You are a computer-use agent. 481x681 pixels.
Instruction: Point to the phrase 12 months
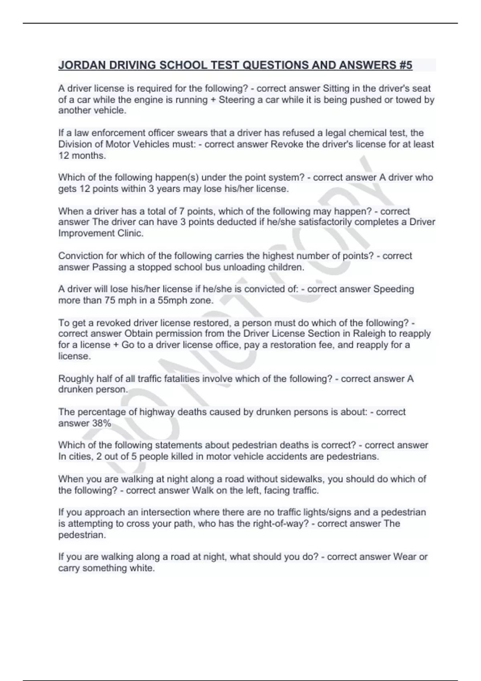[82, 155]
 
